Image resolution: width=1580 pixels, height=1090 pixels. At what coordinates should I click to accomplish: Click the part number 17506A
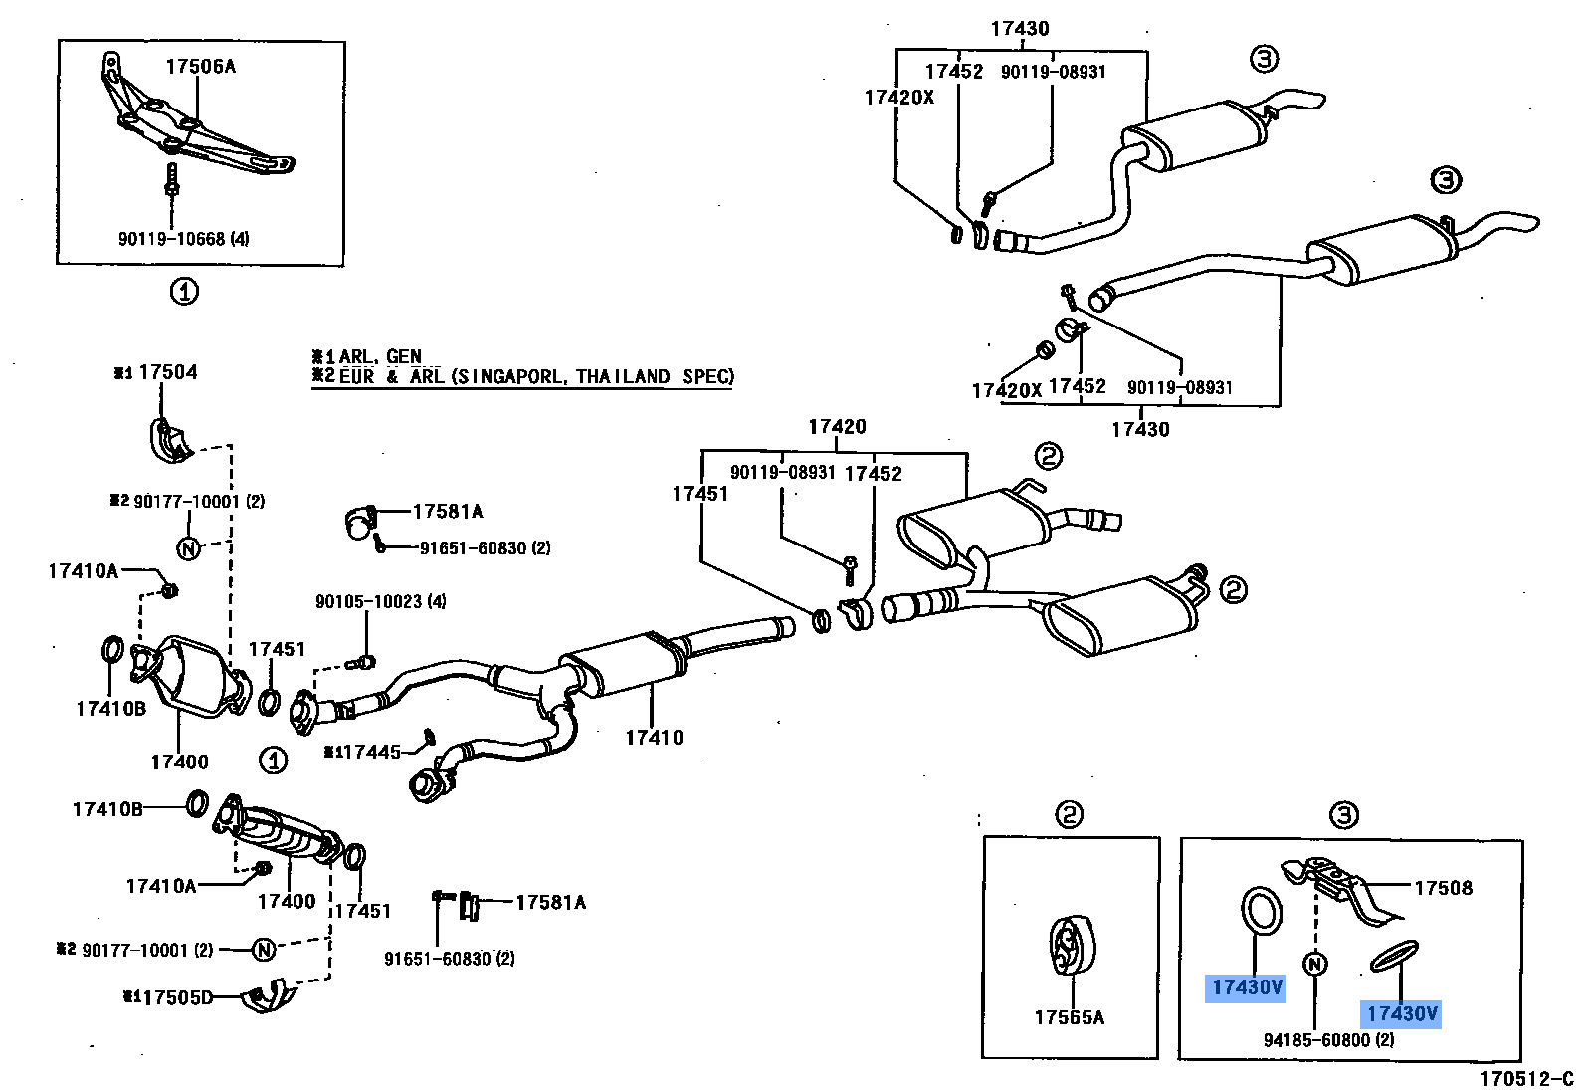pos(201,67)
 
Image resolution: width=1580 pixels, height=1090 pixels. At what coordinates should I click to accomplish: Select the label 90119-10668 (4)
pos(183,239)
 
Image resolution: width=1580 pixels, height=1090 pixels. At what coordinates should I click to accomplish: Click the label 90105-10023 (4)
pos(380,601)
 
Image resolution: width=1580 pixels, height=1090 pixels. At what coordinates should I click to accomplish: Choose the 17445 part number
pos(369,752)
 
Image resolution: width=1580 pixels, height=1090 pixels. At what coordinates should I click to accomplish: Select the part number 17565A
pos(1069,1017)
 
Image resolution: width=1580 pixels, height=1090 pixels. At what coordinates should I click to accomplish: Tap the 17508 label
pos(1443,888)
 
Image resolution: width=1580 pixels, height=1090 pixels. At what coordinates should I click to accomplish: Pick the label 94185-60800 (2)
pos(1328,1040)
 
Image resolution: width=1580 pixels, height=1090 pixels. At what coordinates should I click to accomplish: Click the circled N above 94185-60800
pos(1314,964)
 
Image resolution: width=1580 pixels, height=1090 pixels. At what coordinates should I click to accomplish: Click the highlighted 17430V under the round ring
pos(1247,987)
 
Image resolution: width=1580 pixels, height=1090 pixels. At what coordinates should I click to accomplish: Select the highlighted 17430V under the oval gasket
pos(1402,1013)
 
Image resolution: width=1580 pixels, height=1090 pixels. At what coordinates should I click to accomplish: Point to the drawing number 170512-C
pos(1526,1079)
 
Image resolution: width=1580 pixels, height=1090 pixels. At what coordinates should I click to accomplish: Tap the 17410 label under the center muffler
pos(654,738)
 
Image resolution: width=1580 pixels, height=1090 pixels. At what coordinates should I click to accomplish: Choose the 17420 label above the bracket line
pos(837,427)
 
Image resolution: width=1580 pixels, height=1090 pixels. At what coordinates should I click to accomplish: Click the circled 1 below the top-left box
pos(184,292)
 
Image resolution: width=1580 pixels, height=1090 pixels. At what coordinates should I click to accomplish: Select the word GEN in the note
pos(404,356)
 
